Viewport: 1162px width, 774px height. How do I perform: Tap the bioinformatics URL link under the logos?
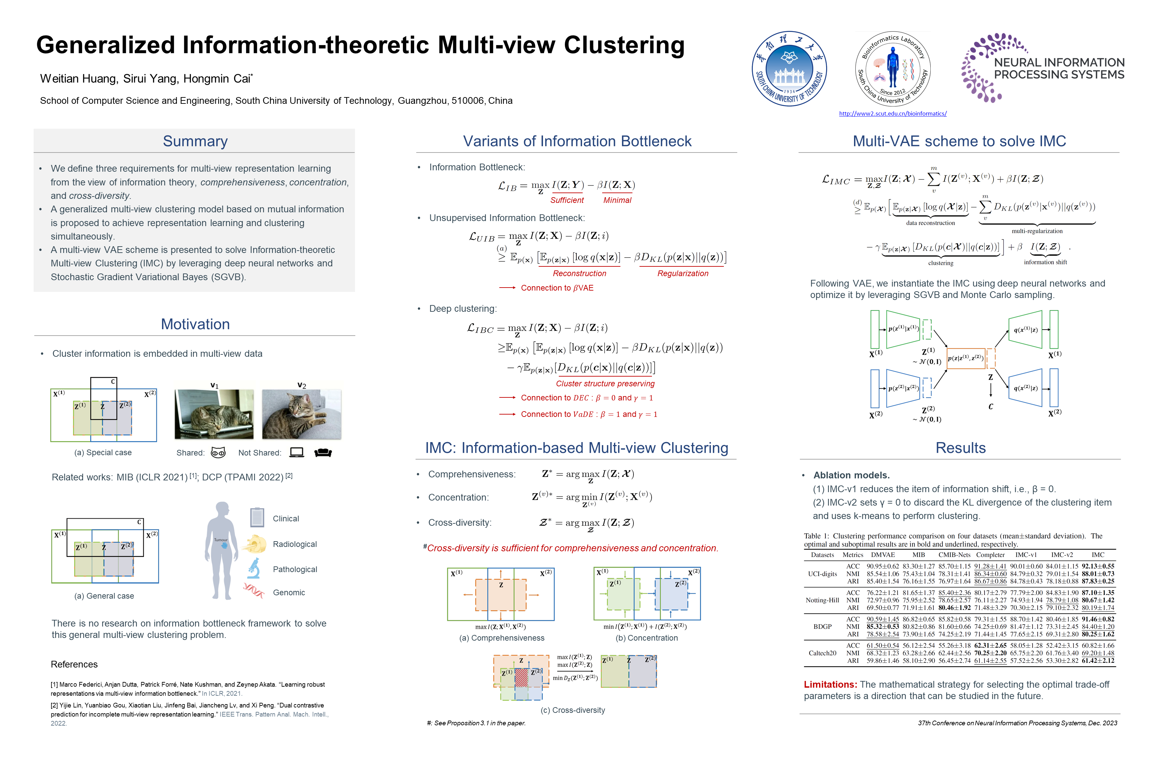(x=893, y=114)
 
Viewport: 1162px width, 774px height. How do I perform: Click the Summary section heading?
(x=195, y=141)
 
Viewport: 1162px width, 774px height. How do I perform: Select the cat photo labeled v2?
(x=301, y=414)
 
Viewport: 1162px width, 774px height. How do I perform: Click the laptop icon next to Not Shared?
(x=297, y=452)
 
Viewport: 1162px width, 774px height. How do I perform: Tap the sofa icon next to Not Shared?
(x=323, y=453)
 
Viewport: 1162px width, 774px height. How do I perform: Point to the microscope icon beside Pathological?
(x=254, y=569)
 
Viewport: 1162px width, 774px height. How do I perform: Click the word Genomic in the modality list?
(x=289, y=592)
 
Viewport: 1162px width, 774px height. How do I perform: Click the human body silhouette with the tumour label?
(x=221, y=550)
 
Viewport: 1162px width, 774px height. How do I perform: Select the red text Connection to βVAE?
(x=557, y=288)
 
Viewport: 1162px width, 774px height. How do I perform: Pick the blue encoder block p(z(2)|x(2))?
(x=903, y=388)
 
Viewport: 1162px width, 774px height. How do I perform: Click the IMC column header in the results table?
(x=1098, y=555)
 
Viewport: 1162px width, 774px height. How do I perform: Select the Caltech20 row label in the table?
(x=823, y=653)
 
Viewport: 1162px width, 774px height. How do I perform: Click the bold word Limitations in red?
(x=830, y=685)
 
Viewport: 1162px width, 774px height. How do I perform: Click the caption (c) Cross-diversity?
(x=573, y=710)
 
